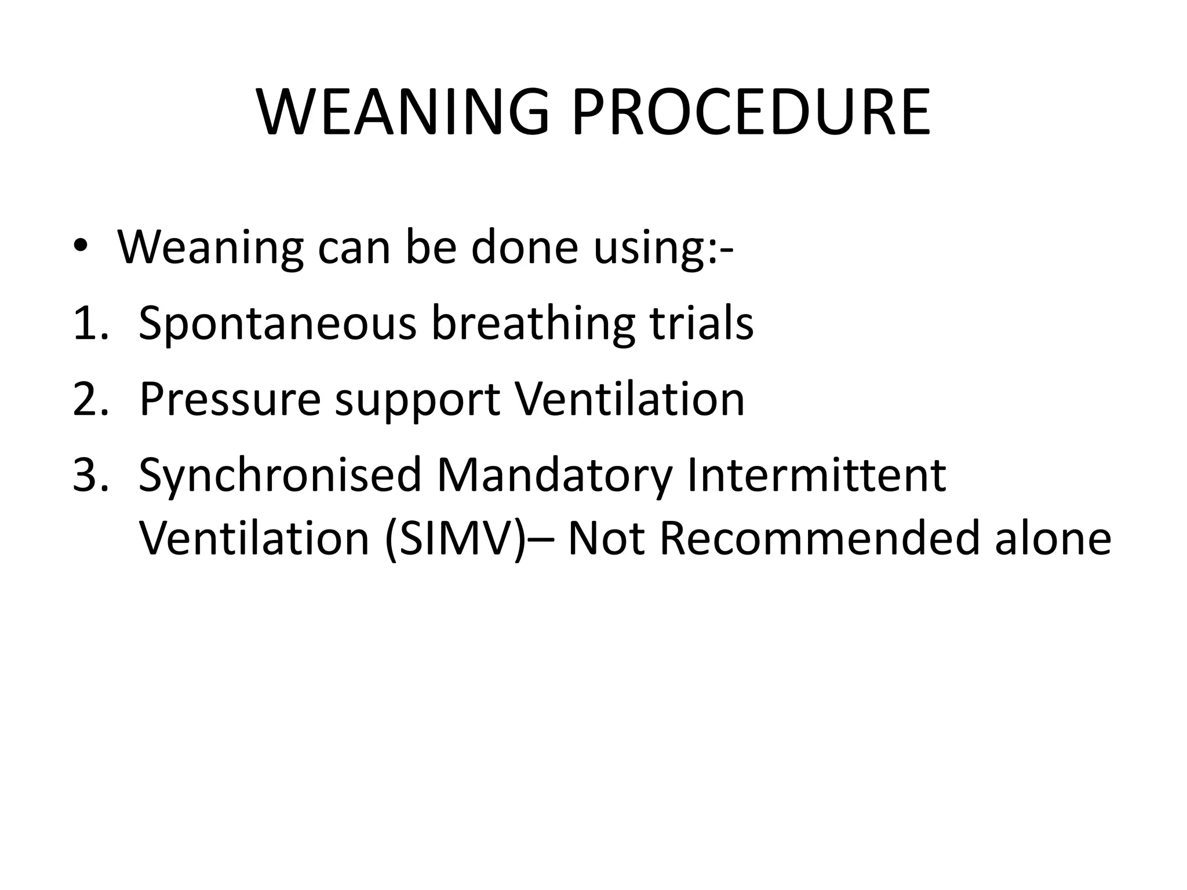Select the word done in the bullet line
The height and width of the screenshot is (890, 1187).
525,247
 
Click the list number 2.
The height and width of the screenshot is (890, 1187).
90,399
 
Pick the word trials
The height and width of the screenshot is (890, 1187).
701,323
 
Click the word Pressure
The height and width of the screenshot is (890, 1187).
230,399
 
